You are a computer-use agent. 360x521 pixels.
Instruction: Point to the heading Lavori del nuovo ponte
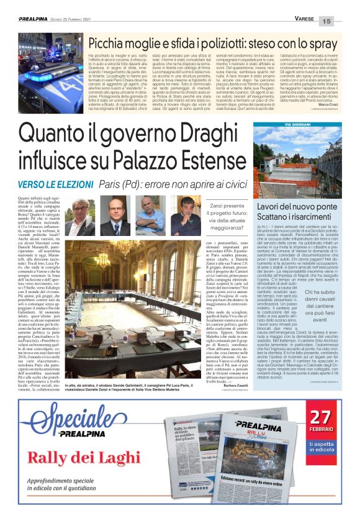click(297, 206)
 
